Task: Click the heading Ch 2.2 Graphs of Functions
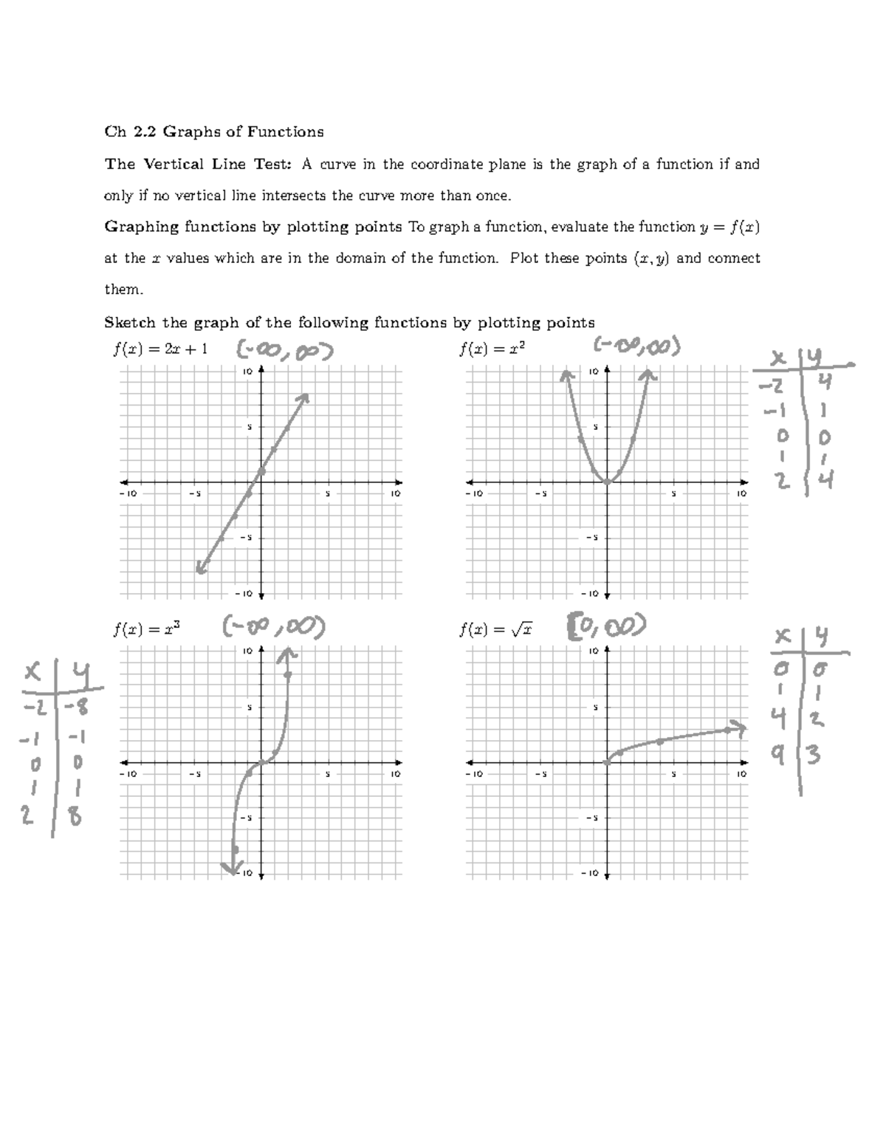point(214,132)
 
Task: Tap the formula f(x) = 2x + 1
point(160,349)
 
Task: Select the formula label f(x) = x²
point(492,349)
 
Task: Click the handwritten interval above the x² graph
point(637,346)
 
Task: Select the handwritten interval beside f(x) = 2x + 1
point(284,351)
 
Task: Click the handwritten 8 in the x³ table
point(75,818)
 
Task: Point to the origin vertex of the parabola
point(607,482)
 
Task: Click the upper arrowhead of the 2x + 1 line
point(305,397)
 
